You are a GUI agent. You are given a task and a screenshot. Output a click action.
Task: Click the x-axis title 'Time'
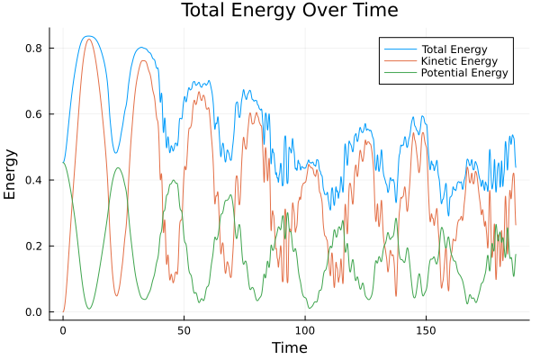coord(289,347)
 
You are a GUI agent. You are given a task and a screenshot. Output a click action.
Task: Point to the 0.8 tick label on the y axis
coord(33,48)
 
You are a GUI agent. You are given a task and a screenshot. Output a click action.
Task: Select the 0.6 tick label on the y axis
coord(33,114)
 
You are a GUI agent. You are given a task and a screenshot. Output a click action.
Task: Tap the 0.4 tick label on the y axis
coord(33,180)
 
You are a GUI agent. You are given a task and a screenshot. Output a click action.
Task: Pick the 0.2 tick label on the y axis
coord(33,246)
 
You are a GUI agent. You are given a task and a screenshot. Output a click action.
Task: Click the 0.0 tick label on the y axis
coord(33,312)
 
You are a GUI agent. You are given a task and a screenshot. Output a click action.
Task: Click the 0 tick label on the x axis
coord(63,330)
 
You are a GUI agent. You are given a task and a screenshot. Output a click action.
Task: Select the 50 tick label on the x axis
coord(184,330)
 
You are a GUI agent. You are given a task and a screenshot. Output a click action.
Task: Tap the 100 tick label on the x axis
coord(305,330)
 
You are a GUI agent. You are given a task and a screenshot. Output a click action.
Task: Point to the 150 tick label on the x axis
coord(426,330)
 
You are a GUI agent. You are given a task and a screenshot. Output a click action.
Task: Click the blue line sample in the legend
coord(397,47)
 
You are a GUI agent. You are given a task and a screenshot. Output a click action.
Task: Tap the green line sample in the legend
coord(397,72)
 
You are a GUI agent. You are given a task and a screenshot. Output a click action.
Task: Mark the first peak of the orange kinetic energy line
coord(88,39)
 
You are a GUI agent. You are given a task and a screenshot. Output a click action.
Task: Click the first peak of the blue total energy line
coord(88,36)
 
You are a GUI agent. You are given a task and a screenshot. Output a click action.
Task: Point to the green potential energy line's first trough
coord(89,309)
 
